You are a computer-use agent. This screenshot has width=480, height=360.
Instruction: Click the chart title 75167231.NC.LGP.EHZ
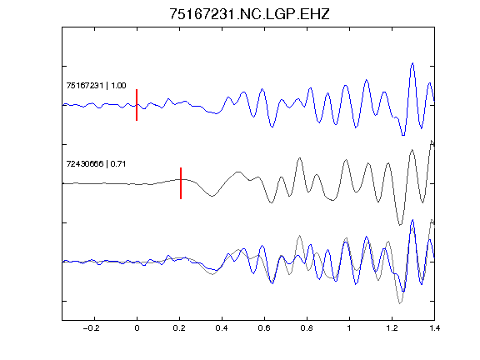[x=249, y=14]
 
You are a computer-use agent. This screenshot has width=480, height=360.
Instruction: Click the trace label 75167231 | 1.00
[x=96, y=85]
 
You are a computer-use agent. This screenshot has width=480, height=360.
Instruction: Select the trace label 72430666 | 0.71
[x=96, y=164]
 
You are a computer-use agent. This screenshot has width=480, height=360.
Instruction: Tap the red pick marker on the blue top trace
[x=137, y=105]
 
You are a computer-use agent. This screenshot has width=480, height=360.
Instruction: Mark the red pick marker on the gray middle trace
[x=181, y=183]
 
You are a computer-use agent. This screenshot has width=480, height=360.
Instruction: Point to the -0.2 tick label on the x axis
[x=91, y=328]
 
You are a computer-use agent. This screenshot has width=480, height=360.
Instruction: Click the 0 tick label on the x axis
[x=137, y=328]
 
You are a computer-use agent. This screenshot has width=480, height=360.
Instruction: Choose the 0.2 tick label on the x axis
[x=179, y=328]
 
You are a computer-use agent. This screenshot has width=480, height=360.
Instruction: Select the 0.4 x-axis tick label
[x=222, y=328]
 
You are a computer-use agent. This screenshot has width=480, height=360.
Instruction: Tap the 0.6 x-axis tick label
[x=264, y=328]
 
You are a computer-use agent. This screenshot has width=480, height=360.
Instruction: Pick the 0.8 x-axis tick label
[x=307, y=328]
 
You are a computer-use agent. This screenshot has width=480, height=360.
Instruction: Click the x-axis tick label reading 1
[x=349, y=328]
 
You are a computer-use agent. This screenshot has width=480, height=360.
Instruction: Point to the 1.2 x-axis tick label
[x=392, y=328]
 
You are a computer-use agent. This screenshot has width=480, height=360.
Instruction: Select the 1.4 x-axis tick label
[x=435, y=328]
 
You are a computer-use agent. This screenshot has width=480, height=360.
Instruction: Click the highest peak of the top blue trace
[x=412, y=63]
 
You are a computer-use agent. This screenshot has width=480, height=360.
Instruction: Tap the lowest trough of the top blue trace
[x=403, y=135]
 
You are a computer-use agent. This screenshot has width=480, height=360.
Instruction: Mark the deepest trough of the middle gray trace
[x=400, y=225]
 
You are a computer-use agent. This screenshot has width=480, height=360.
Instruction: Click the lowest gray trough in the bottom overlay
[x=400, y=303]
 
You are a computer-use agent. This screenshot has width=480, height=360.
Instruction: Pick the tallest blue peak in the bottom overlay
[x=412, y=220]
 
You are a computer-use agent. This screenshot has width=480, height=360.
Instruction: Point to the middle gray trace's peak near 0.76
[x=300, y=158]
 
